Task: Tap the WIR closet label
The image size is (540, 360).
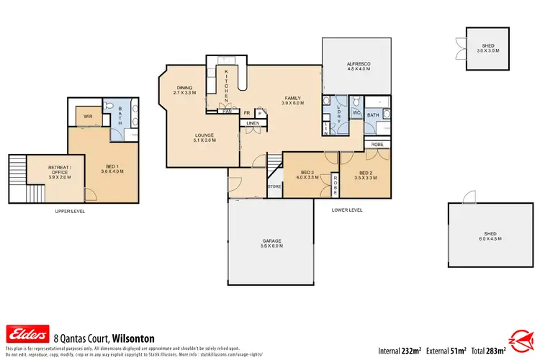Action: (x=87, y=115)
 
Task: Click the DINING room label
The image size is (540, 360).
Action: (x=185, y=90)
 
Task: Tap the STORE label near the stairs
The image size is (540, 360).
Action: (x=274, y=187)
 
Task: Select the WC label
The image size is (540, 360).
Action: (x=356, y=113)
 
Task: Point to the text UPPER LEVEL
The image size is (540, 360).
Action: (x=71, y=212)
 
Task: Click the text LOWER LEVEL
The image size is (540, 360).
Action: (x=347, y=210)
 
